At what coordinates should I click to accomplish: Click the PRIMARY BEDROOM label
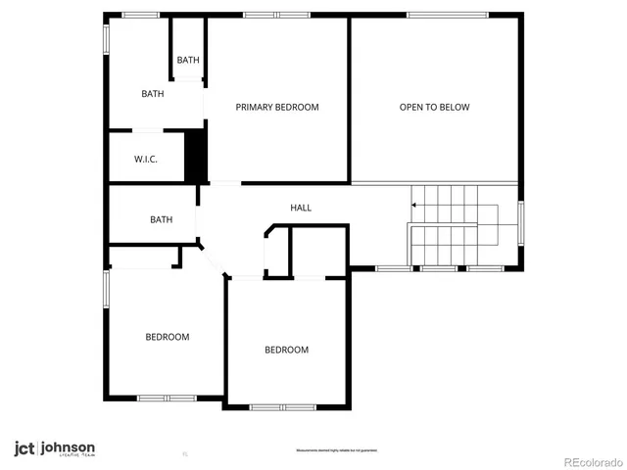(x=277, y=107)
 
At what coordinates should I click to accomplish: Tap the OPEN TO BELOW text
(x=434, y=107)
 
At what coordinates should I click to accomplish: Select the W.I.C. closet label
(x=146, y=160)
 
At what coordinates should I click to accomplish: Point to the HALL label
(x=301, y=208)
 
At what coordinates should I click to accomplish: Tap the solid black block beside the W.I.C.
(x=196, y=156)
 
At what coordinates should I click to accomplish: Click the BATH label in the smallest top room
(x=188, y=61)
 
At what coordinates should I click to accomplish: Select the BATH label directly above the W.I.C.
(x=152, y=94)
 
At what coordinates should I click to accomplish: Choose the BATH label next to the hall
(x=162, y=219)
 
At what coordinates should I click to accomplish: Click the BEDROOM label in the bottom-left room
(x=168, y=337)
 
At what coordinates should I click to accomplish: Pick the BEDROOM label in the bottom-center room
(x=286, y=350)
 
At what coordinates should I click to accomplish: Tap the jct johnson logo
(x=54, y=448)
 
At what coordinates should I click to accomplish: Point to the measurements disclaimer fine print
(x=337, y=450)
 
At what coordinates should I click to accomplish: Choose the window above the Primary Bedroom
(x=271, y=15)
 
